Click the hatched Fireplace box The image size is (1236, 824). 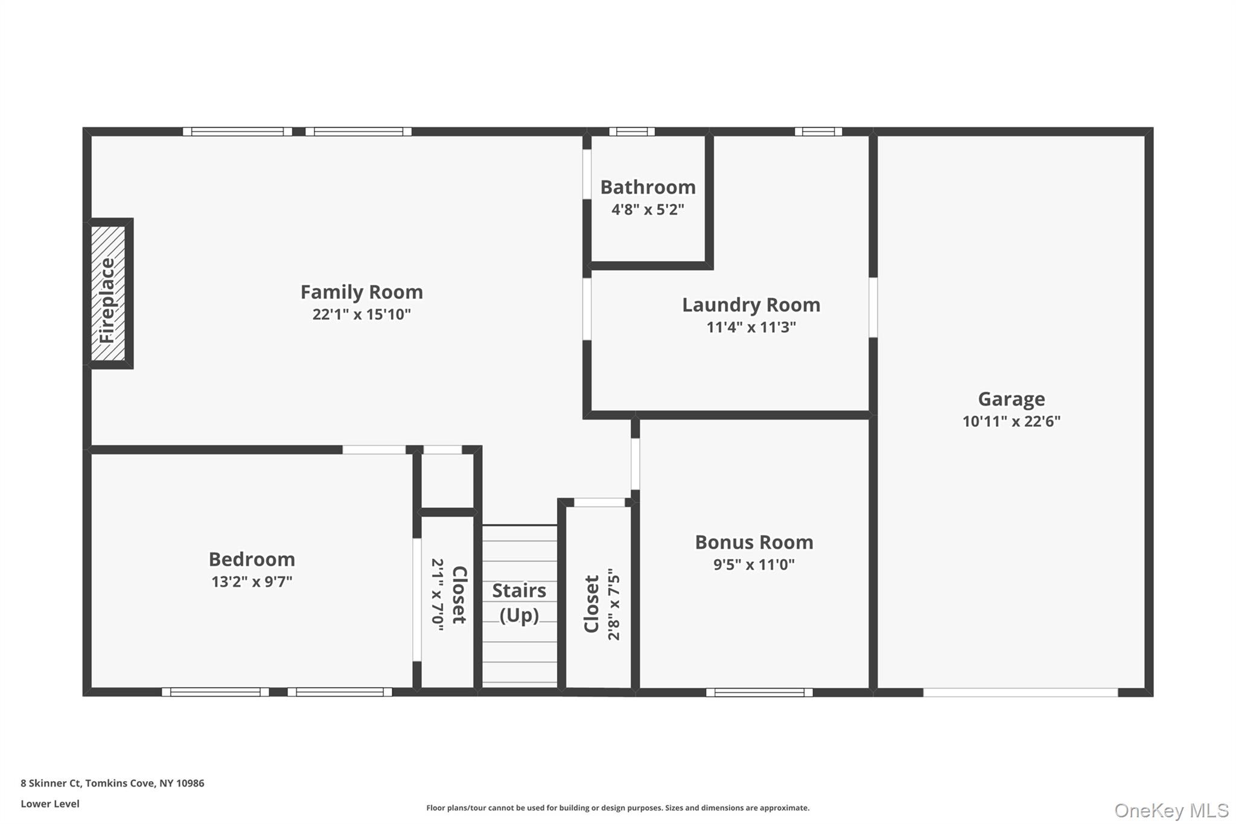(x=108, y=293)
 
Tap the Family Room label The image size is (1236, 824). (x=362, y=292)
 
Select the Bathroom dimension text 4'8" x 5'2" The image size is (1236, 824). (x=648, y=210)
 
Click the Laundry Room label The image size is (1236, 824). (x=751, y=305)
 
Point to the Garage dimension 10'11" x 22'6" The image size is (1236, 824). (x=1011, y=421)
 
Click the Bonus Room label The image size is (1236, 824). (x=754, y=542)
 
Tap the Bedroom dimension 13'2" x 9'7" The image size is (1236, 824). (x=252, y=582)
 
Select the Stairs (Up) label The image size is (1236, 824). (x=519, y=602)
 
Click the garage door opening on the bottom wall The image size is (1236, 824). (x=1020, y=692)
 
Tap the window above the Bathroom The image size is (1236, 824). (x=631, y=132)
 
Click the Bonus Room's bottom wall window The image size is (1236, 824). (x=759, y=692)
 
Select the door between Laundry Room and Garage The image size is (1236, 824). (x=873, y=307)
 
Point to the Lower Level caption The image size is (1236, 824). (x=50, y=803)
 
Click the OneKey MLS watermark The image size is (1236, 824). (x=1171, y=810)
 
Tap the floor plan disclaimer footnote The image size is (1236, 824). (x=617, y=808)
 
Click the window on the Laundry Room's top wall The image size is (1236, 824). (x=818, y=132)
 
